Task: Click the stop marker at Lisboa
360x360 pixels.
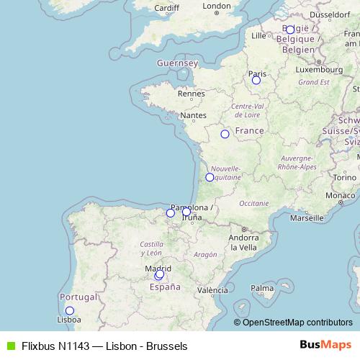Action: [70, 331]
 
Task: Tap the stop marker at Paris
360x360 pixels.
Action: [256, 80]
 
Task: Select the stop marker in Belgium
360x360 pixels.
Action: [289, 30]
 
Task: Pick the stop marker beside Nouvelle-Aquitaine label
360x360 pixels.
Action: [210, 177]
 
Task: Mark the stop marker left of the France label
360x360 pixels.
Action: [225, 134]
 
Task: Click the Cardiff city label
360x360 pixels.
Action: [166, 8]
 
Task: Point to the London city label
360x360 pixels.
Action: [217, 6]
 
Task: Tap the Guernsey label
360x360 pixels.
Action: [177, 63]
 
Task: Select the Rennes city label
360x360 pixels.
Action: [192, 93]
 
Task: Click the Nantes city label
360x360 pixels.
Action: [193, 115]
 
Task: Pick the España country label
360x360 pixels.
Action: [164, 287]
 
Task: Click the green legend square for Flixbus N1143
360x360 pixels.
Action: [9, 346]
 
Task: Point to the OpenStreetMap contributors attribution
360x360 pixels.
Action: [293, 322]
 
